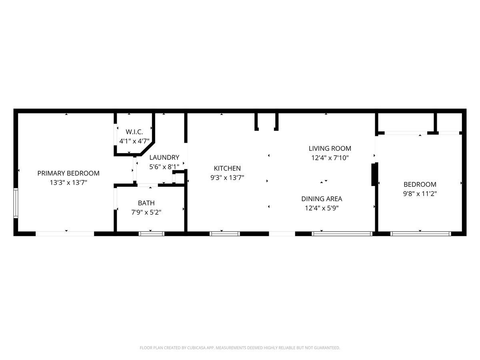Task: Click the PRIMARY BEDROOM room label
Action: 68,173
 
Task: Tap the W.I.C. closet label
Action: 134,132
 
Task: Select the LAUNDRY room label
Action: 164,157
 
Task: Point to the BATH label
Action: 146,203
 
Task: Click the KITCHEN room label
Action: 227,168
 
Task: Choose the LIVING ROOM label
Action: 330,148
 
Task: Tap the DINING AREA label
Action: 322,199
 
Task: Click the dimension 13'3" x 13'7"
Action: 68,182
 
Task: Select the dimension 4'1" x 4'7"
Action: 134,141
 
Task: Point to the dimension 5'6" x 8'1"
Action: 164,167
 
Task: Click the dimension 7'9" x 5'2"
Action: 146,212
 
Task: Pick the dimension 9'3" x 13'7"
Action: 227,178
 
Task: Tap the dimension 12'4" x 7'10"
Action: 330,158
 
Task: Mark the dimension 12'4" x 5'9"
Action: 322,208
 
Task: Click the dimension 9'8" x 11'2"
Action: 420,194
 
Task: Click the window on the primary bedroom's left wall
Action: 16,203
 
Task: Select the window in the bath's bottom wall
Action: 152,234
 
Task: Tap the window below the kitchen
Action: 225,234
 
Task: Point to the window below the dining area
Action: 342,234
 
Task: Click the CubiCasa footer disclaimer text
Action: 240,348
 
